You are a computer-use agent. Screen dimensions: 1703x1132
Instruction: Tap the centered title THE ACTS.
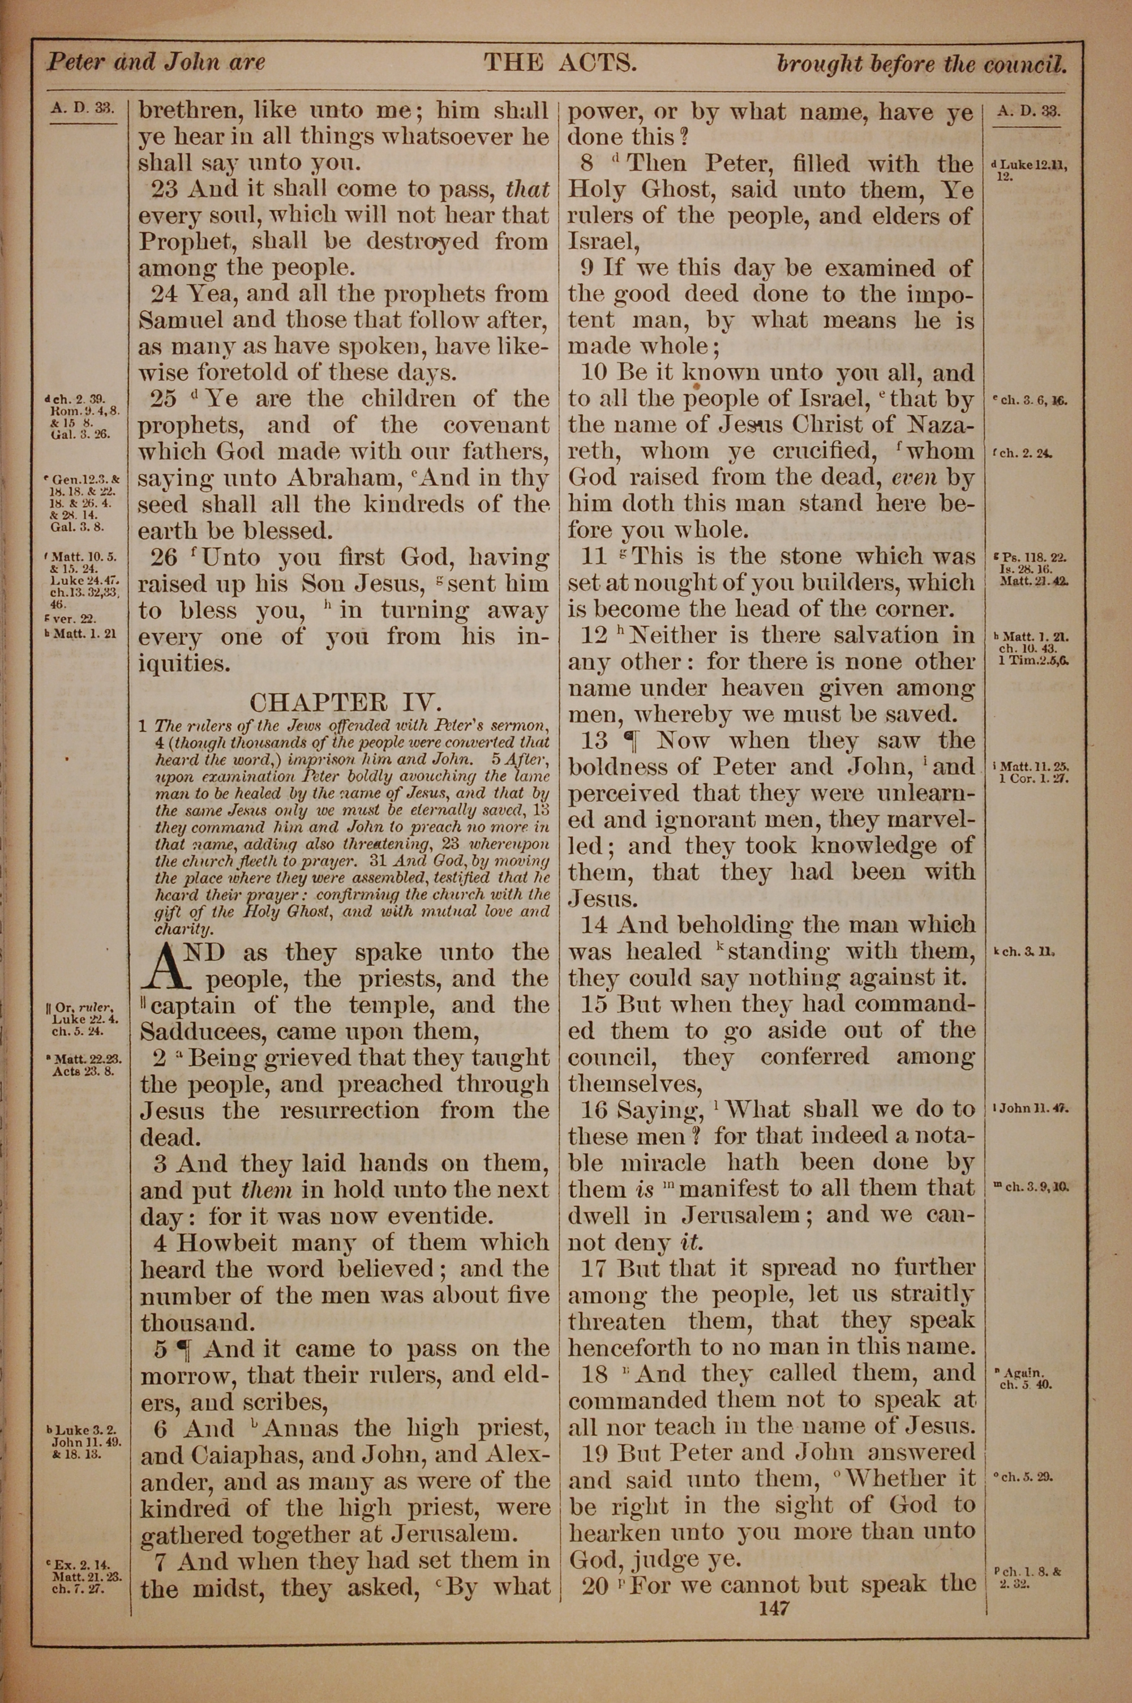560,63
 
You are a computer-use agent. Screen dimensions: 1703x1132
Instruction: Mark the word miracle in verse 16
666,1162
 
